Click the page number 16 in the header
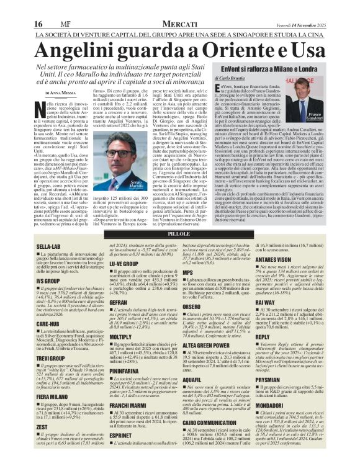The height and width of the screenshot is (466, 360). coord(38,24)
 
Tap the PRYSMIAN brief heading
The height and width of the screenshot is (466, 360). coord(274,379)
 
